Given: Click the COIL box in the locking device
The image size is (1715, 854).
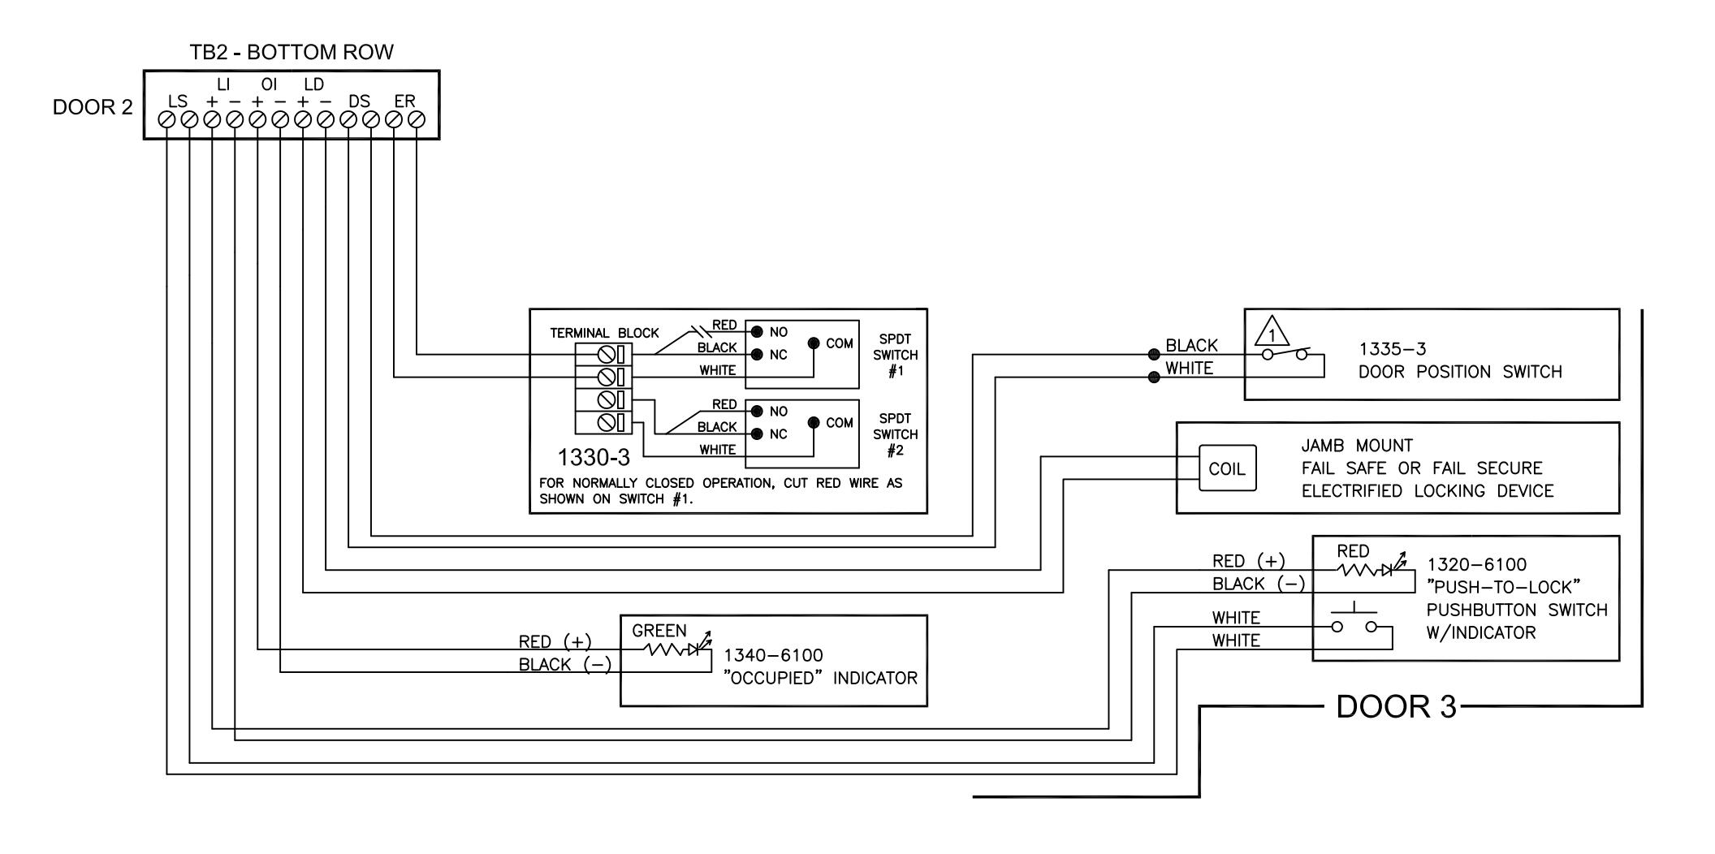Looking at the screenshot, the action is [x=1228, y=468].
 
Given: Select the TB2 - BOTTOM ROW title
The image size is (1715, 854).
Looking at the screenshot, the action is [x=292, y=53].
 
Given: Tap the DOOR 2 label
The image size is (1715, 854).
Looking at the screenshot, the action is [x=93, y=107].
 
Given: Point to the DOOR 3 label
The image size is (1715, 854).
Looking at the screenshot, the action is [x=1397, y=706].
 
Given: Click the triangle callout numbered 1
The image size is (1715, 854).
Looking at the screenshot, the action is [x=1272, y=333].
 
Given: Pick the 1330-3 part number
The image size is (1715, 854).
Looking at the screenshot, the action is [x=594, y=458].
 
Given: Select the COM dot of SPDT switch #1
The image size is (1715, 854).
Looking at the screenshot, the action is [x=814, y=343].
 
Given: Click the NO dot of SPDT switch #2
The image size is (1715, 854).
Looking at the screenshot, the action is [x=757, y=412].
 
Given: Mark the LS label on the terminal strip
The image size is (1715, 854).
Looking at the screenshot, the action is [x=178, y=101].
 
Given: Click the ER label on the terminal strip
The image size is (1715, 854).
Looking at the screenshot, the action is [x=404, y=101].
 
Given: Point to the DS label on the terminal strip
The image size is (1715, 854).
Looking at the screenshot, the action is [x=359, y=101].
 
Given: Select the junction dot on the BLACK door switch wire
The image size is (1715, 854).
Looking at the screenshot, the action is [x=1153, y=355].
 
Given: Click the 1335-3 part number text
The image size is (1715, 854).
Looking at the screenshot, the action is [x=1393, y=349].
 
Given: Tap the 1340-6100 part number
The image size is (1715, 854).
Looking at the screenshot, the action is [x=773, y=655].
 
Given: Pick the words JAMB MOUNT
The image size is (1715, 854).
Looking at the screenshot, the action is [x=1357, y=446].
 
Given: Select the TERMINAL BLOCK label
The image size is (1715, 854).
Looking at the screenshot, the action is [x=604, y=333].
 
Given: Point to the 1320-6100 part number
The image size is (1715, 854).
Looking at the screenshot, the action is [x=1476, y=564].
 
